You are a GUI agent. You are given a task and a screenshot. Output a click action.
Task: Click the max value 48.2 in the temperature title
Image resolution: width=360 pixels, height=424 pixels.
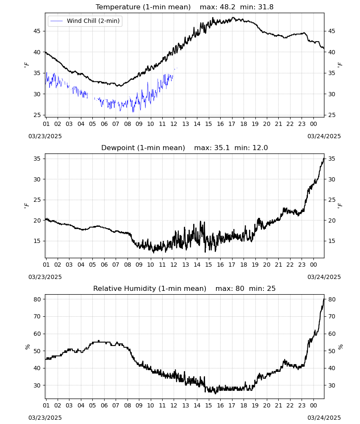pyautogui.click(x=227, y=7)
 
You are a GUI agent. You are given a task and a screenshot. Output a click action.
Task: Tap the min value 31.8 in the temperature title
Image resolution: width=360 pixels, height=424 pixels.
pyautogui.click(x=266, y=7)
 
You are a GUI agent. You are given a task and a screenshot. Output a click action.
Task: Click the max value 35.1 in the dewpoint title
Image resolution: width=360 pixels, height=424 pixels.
pyautogui.click(x=222, y=148)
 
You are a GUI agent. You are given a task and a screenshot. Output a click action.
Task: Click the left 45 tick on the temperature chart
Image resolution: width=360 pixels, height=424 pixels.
pyautogui.click(x=37, y=31)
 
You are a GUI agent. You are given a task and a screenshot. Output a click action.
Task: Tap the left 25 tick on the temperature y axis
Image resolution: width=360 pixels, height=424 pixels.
pyautogui.click(x=37, y=115)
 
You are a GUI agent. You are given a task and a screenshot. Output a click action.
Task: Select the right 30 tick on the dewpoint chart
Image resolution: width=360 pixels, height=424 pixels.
pyautogui.click(x=332, y=179)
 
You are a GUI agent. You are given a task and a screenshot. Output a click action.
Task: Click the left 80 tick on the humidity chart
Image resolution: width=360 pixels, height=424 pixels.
pyautogui.click(x=37, y=299)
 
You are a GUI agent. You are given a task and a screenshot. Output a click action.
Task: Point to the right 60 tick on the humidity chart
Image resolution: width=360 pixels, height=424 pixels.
pyautogui.click(x=332, y=334)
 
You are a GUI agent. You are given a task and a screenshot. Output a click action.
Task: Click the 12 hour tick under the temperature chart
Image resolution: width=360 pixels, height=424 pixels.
pyautogui.click(x=174, y=124)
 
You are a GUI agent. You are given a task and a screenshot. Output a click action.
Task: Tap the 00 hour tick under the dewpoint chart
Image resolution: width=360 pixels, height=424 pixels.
pyautogui.click(x=313, y=265)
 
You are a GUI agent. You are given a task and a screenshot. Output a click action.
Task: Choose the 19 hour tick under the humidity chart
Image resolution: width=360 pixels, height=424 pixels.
pyautogui.click(x=255, y=405)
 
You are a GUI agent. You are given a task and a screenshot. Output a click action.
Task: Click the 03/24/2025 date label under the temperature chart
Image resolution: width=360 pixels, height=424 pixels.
pyautogui.click(x=324, y=136)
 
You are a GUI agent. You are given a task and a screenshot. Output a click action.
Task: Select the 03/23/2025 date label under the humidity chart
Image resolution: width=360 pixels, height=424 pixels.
pyautogui.click(x=45, y=418)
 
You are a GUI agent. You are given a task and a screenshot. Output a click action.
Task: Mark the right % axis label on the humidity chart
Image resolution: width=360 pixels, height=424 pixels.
pyautogui.click(x=340, y=347)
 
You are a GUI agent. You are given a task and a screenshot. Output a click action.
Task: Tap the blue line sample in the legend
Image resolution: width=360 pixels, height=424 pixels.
pyautogui.click(x=56, y=21)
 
